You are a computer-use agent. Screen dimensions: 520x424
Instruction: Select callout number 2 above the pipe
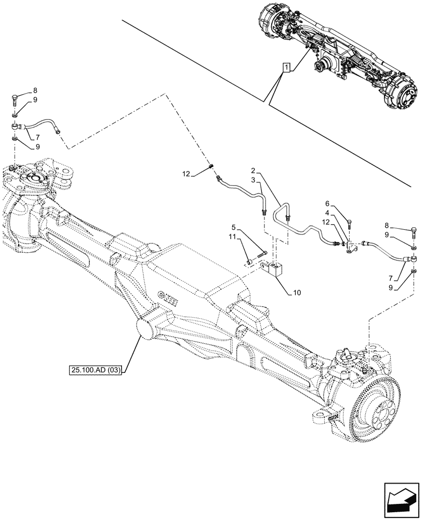(x=253, y=171)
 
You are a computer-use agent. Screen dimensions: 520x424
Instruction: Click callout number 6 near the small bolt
(x=328, y=204)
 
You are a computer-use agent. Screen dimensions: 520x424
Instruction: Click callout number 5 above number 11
(x=234, y=227)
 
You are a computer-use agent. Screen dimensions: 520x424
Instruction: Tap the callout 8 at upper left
(x=35, y=90)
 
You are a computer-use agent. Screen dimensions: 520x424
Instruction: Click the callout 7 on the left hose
(x=38, y=137)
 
